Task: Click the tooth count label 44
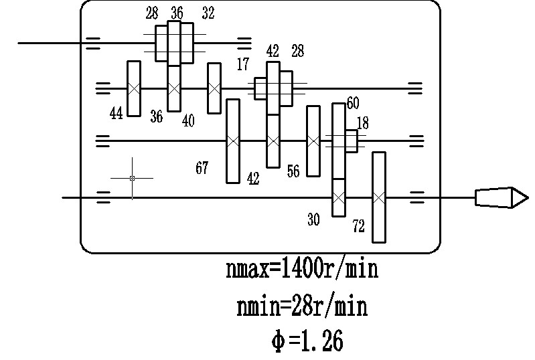click(117, 113)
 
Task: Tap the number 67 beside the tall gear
click(202, 168)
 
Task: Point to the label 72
click(358, 227)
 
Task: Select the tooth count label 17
click(242, 65)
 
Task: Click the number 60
click(353, 103)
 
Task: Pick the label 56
click(293, 171)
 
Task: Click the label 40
click(188, 120)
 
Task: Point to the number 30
click(313, 219)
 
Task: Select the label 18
click(362, 123)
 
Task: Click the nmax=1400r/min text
click(302, 270)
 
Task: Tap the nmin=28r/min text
click(302, 307)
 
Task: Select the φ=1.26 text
click(307, 341)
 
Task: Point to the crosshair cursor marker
click(132, 178)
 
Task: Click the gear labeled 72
click(379, 197)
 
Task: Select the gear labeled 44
click(134, 88)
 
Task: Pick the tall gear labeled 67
click(233, 141)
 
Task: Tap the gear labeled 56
click(313, 141)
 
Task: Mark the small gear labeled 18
click(352, 141)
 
